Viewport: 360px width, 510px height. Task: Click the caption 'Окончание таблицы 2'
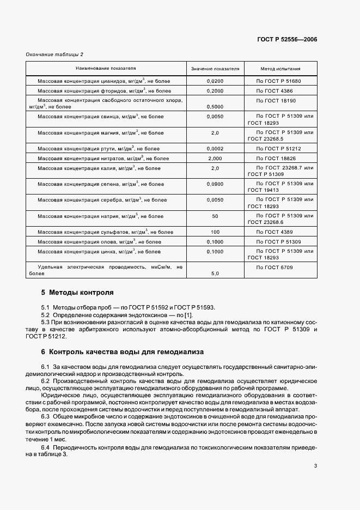coord(55,54)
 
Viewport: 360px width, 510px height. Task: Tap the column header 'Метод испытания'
coord(280,69)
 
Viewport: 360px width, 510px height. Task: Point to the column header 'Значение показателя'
coord(215,69)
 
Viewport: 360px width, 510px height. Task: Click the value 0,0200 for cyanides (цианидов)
coord(215,81)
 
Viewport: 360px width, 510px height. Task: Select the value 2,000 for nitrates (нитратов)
coord(215,158)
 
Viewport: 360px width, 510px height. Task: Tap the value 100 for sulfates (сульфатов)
coord(215,232)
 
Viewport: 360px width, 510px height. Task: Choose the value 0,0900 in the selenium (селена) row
coord(215,184)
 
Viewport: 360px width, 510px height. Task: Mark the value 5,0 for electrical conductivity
coord(215,274)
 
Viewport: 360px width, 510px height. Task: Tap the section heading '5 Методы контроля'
coord(77,293)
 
